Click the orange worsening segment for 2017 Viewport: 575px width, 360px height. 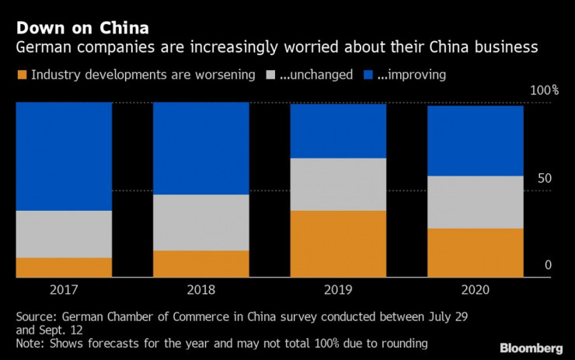pos(64,267)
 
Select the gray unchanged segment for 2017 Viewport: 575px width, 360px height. pos(64,233)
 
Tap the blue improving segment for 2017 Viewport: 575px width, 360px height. pos(64,156)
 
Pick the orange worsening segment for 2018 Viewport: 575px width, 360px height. pos(200,264)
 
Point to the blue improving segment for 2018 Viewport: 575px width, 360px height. pos(200,148)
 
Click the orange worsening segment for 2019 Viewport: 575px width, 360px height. pos(338,243)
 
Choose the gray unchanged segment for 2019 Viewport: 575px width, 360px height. pos(338,183)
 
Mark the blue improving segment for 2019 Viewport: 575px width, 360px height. pos(338,130)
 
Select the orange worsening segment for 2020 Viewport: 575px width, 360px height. pos(475,252)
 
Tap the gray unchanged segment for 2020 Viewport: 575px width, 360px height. pos(475,201)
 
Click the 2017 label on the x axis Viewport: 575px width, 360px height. pos(64,290)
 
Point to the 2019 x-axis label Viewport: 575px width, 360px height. pos(338,290)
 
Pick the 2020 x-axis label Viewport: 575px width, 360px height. pos(475,290)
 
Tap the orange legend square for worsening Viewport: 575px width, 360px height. pos(21,75)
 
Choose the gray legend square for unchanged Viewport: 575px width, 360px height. pos(271,75)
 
